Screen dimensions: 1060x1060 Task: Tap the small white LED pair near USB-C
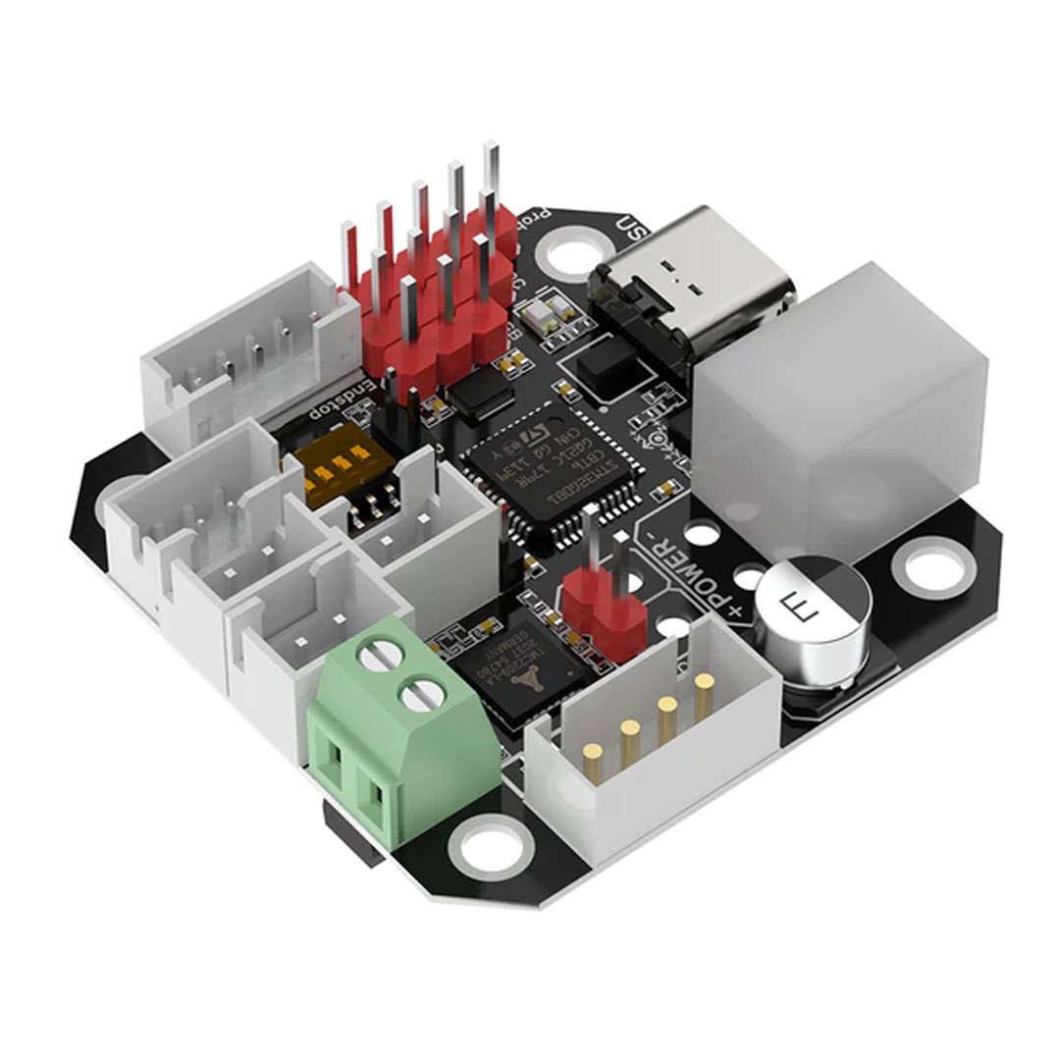point(544,313)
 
